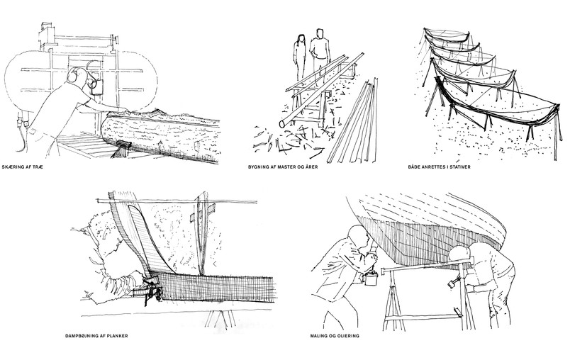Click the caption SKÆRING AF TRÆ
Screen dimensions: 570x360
point(22,167)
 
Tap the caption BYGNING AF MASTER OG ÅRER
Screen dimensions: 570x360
point(283,167)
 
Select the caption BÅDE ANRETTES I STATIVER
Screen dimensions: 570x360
point(439,167)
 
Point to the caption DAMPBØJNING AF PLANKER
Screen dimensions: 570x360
point(96,336)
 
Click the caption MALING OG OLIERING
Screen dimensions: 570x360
point(335,336)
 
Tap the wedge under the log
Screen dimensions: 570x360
point(121,148)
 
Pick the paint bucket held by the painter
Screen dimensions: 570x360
point(371,279)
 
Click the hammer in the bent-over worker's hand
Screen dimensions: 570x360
point(452,283)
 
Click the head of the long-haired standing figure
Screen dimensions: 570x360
point(301,38)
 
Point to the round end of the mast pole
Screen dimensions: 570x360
point(282,124)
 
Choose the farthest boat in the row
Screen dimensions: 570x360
point(447,37)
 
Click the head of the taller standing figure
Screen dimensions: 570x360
point(320,34)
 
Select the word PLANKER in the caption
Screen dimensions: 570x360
point(117,336)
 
